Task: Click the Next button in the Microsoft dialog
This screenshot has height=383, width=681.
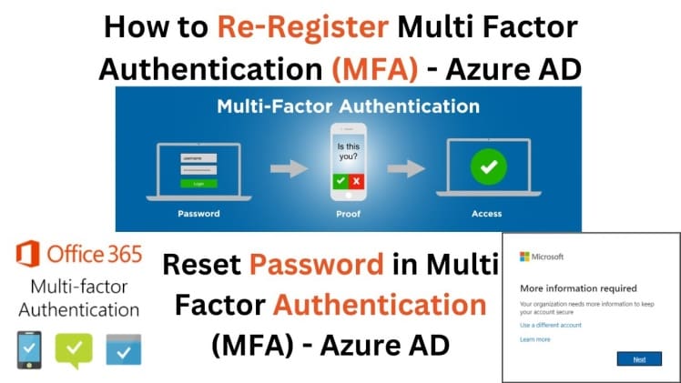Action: click(x=639, y=358)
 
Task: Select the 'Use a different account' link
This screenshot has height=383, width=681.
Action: click(x=550, y=325)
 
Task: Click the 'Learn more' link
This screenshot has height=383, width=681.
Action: click(x=534, y=339)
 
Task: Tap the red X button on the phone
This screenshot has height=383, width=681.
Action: click(x=355, y=182)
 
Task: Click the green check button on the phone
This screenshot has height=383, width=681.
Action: click(x=340, y=182)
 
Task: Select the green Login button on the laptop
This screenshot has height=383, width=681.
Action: click(x=199, y=183)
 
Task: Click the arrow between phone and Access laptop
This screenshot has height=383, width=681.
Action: click(x=412, y=169)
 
